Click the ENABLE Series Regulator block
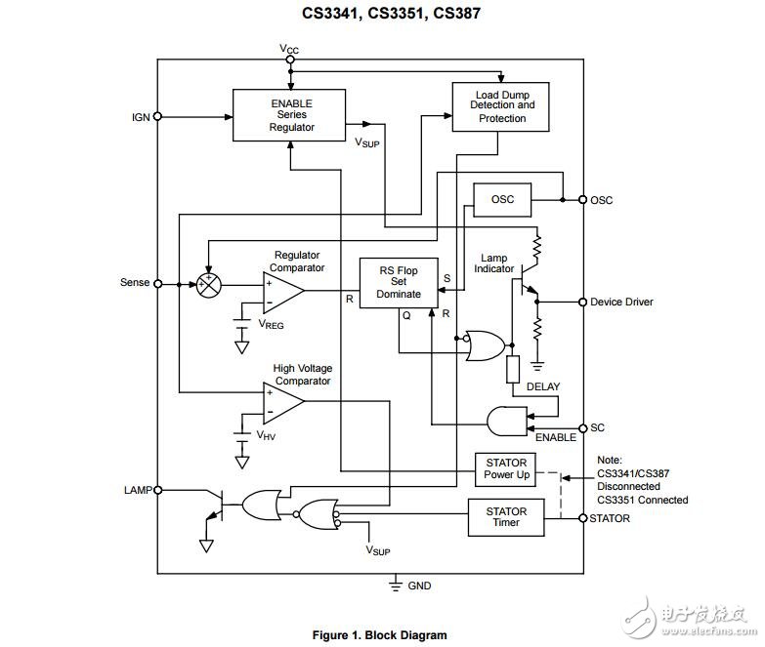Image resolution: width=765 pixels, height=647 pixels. tap(288, 115)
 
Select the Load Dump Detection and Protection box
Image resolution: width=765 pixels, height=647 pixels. tap(499, 106)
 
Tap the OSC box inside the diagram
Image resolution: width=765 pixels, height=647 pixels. tap(502, 200)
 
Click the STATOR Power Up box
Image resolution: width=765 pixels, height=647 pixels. tap(506, 468)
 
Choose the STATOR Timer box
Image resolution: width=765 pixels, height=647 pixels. tap(506, 517)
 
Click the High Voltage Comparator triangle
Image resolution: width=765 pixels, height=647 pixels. tap(281, 402)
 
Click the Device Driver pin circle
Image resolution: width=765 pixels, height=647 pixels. tap(582, 302)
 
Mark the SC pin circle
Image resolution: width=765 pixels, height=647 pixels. tap(582, 427)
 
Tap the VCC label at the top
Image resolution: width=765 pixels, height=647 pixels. tap(290, 49)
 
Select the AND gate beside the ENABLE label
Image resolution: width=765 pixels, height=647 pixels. tap(506, 420)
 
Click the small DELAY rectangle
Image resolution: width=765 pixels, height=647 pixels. tap(513, 370)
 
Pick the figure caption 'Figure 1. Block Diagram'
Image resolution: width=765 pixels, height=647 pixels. tap(379, 635)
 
